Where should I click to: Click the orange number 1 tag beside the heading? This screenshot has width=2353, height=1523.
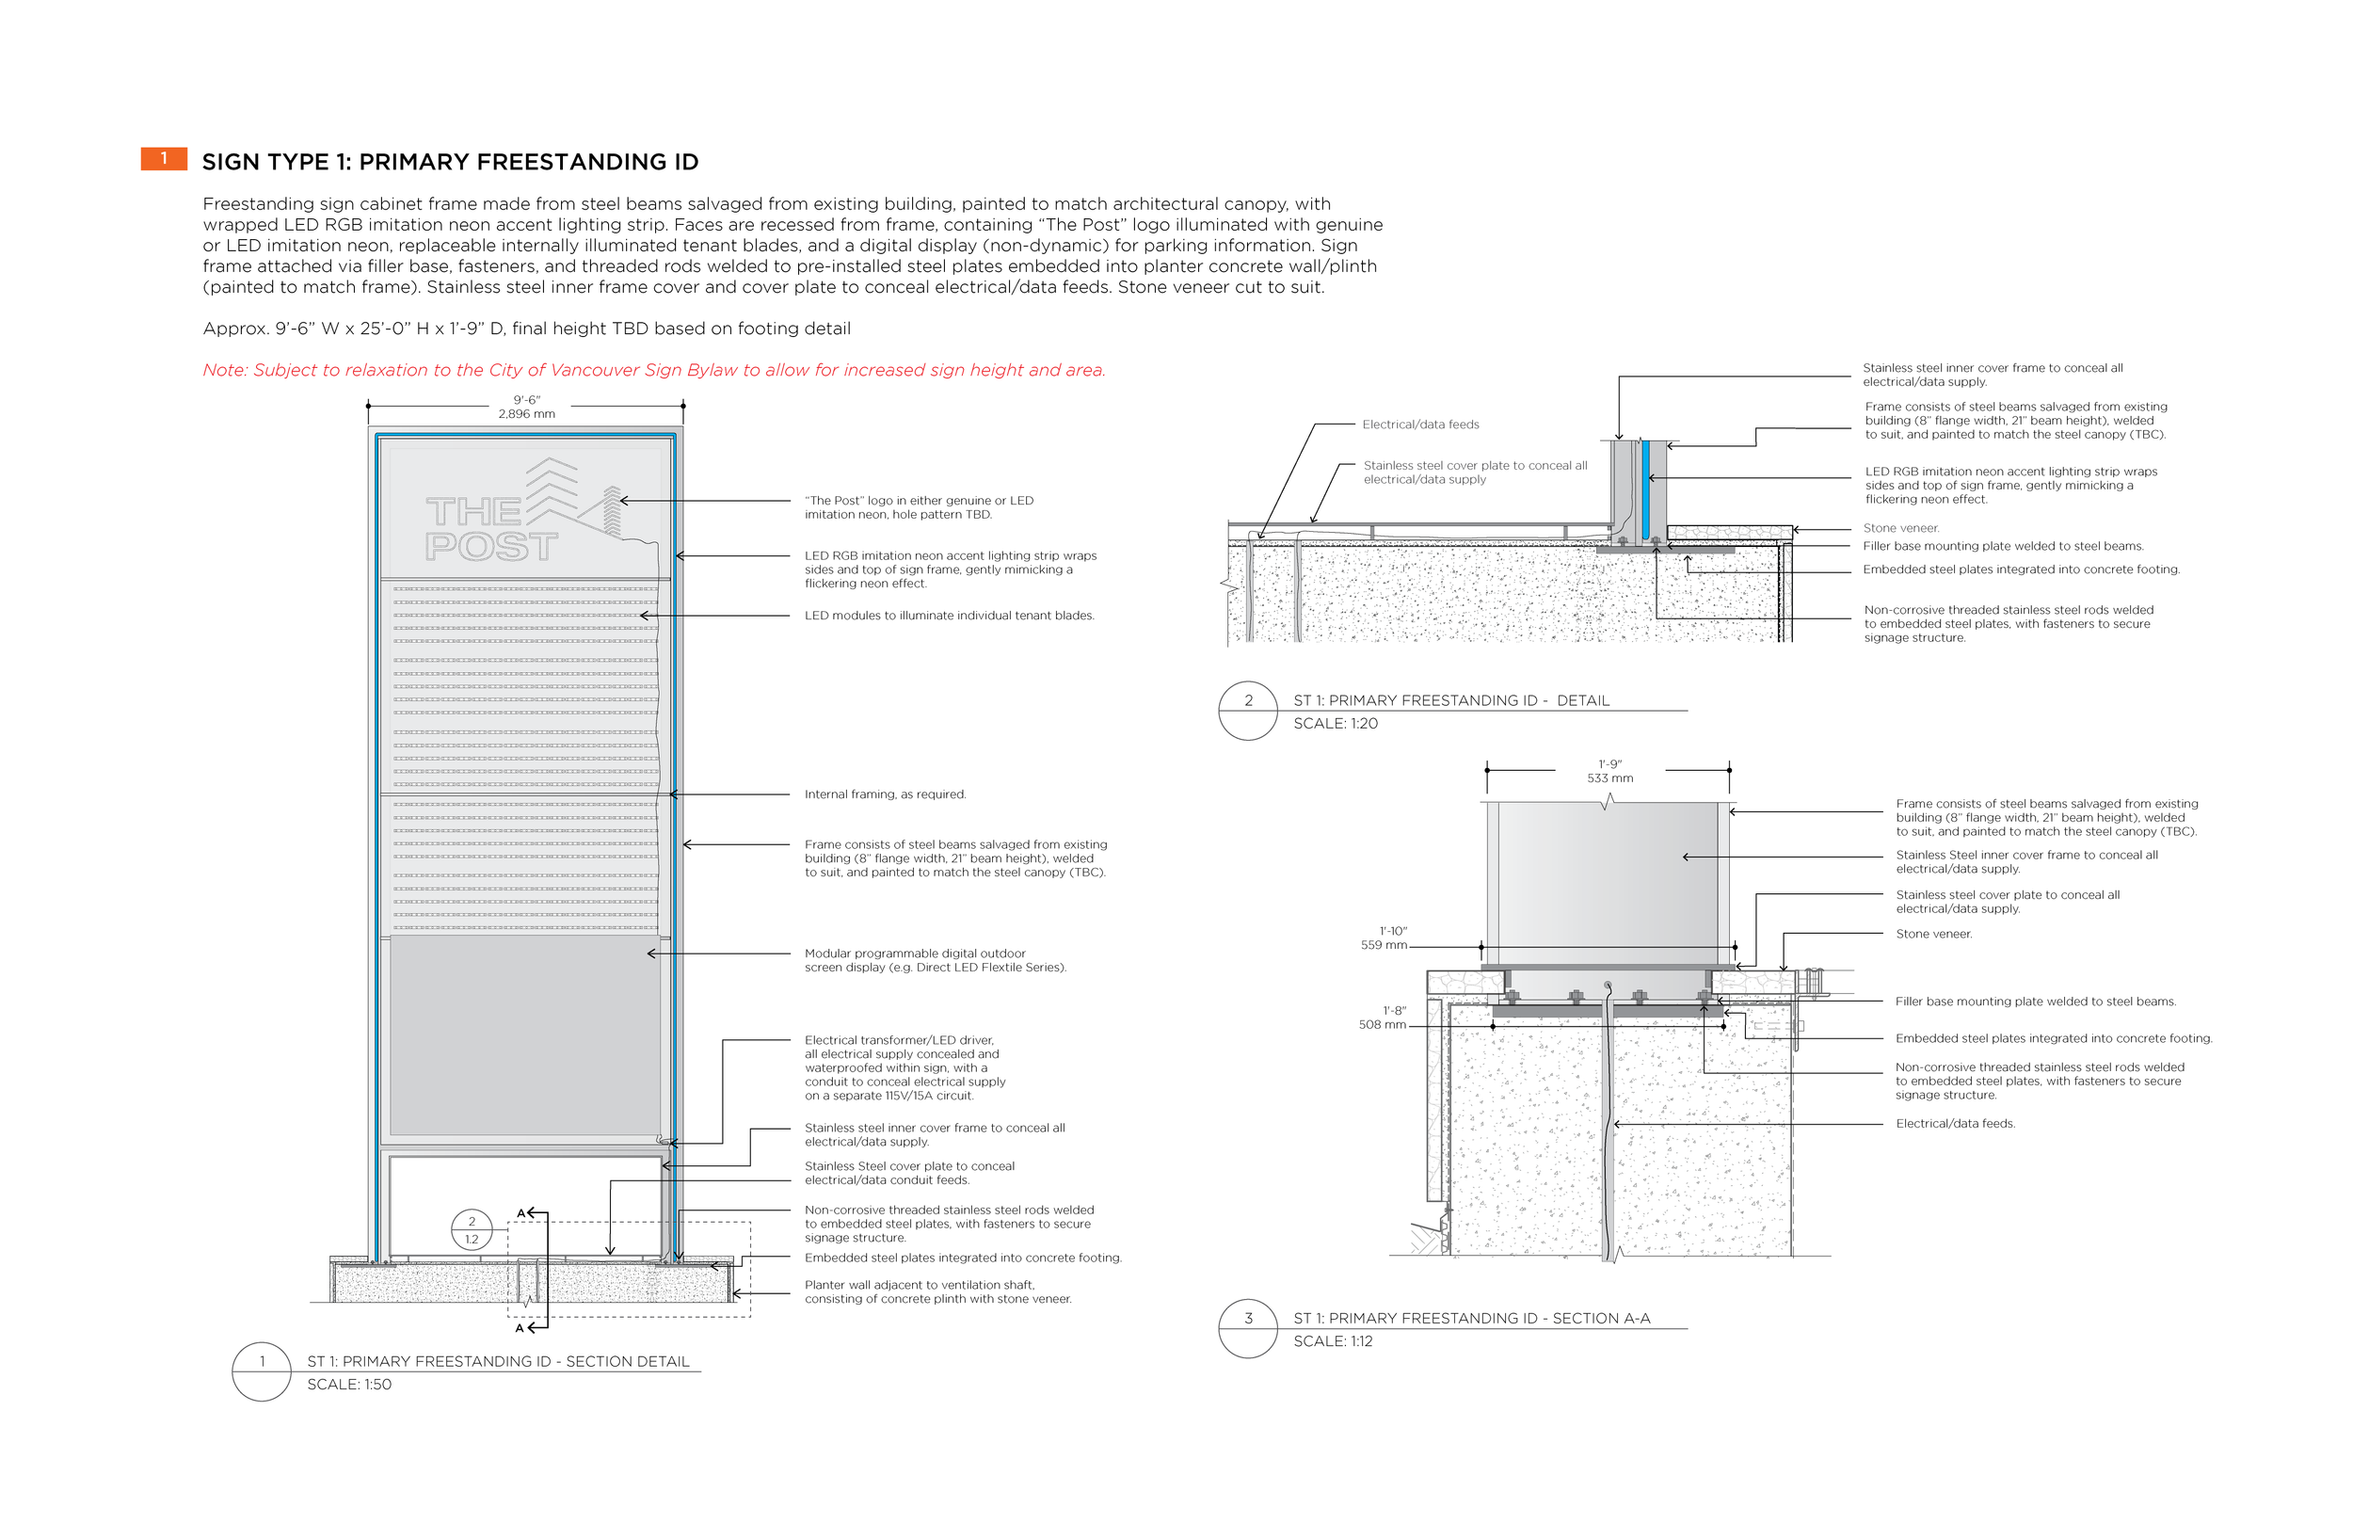tap(163, 158)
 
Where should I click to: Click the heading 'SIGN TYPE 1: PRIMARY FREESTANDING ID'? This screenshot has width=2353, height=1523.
tap(450, 162)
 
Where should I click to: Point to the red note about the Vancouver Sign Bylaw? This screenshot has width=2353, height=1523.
tap(653, 370)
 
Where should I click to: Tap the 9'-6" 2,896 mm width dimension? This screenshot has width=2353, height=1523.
tap(526, 407)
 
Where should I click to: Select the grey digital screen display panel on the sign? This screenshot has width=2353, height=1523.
tap(525, 1035)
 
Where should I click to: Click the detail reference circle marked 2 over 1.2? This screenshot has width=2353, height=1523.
tap(472, 1230)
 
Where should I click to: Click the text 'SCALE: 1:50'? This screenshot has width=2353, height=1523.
tap(349, 1385)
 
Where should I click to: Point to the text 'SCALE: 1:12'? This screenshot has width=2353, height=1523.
tap(1333, 1342)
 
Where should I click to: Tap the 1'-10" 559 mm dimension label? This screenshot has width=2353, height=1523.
tap(1385, 938)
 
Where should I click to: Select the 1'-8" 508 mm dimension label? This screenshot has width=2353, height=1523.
tap(1384, 1018)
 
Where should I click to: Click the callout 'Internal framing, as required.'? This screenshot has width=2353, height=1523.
tap(885, 794)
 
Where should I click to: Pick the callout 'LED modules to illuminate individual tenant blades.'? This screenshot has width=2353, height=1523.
tap(949, 617)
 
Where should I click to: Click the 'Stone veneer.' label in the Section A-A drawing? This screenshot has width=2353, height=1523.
tap(1933, 934)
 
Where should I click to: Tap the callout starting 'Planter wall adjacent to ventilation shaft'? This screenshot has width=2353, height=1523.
tap(937, 1291)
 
